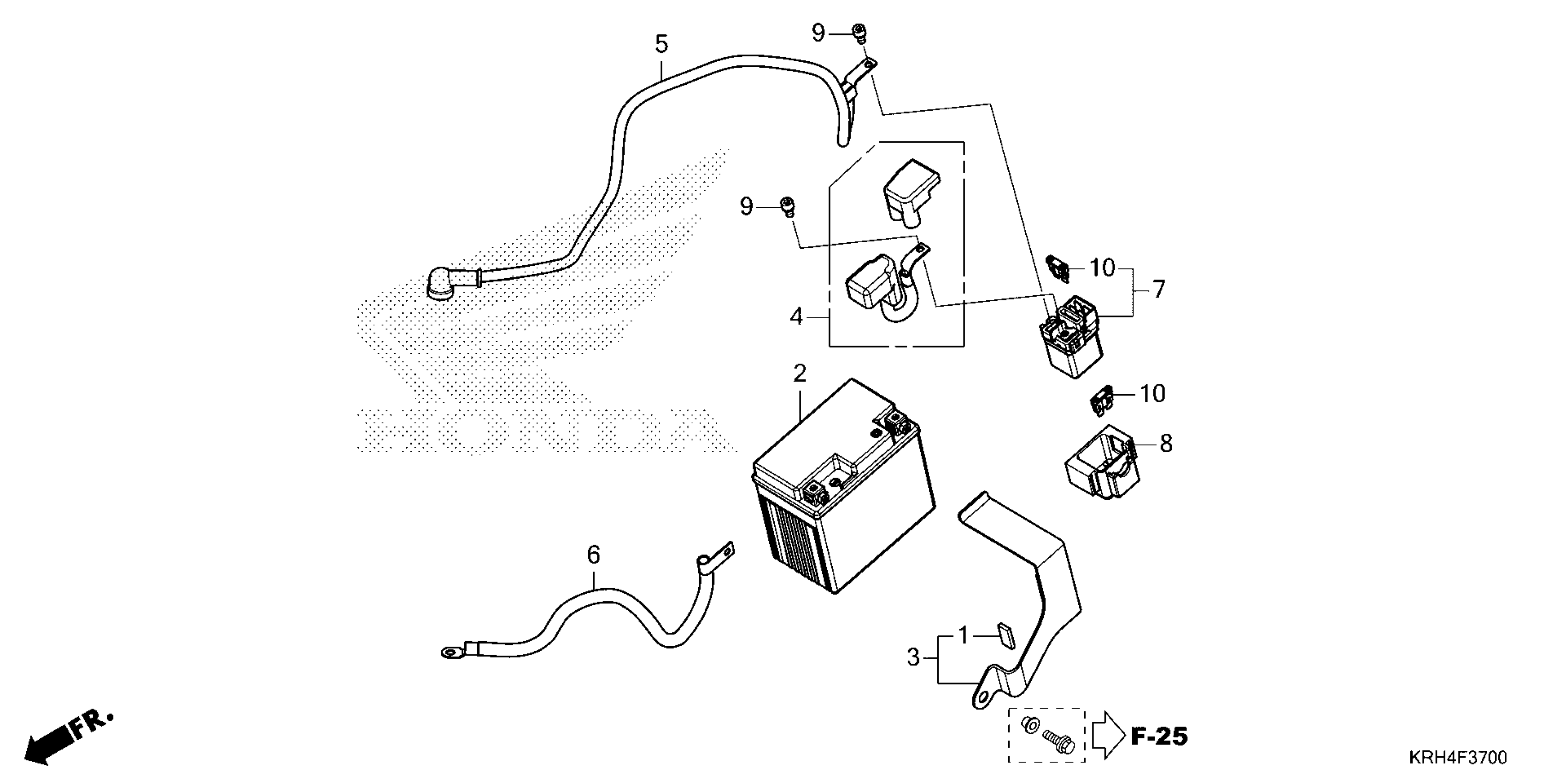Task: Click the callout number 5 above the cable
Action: [661, 44]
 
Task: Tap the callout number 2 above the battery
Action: [800, 373]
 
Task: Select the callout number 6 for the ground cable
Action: [593, 555]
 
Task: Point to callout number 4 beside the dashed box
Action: [796, 317]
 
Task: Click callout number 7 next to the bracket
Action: [1159, 289]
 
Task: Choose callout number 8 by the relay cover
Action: [1165, 444]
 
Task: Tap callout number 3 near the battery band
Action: [913, 657]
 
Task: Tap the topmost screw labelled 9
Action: [859, 32]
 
